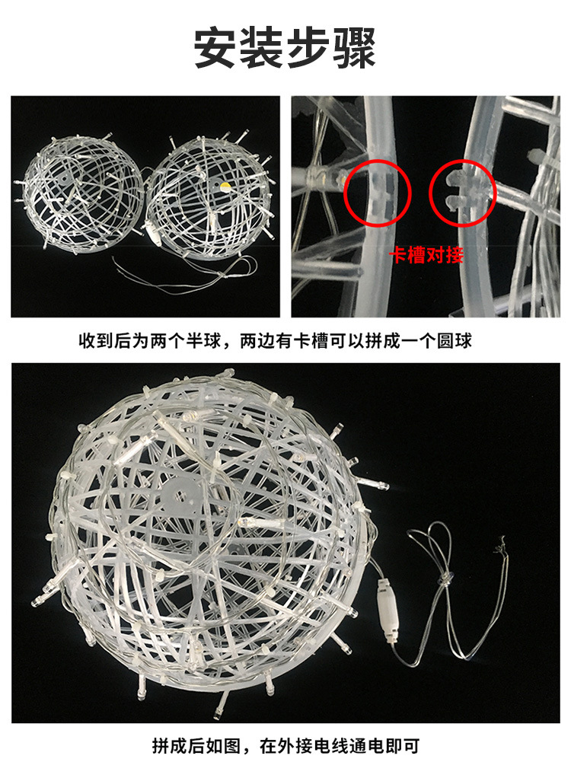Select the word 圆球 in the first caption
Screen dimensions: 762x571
pyautogui.click(x=455, y=340)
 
